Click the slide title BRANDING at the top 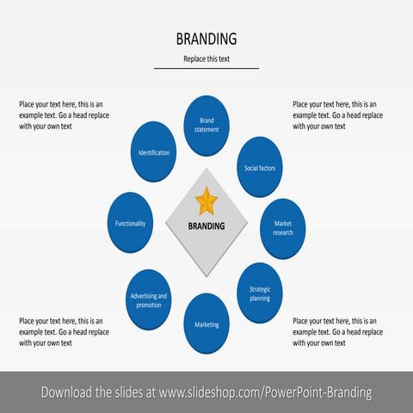(206, 40)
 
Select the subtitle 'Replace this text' (206, 59)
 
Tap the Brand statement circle (206, 125)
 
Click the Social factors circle (259, 168)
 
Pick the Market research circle (283, 228)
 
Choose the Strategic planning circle (259, 293)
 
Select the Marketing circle (206, 324)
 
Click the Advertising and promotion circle (149, 299)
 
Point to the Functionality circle (131, 223)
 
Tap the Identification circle (154, 152)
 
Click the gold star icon (206, 201)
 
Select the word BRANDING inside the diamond (206, 227)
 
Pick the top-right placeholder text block (337, 115)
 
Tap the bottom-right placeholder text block (337, 331)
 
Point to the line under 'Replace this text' (206, 68)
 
